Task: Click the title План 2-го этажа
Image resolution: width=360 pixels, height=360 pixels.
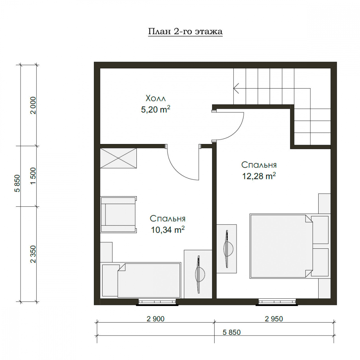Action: coord(185,31)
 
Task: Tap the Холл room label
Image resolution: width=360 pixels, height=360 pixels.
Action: coord(156,98)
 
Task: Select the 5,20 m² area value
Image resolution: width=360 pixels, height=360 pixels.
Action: coord(156,109)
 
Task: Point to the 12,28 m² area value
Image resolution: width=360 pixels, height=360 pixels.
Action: coord(259,176)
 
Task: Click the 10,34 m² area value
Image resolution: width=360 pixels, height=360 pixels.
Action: coord(168,229)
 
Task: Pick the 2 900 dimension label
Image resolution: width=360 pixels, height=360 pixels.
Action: coord(156,319)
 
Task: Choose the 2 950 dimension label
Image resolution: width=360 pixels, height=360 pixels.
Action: coord(274,319)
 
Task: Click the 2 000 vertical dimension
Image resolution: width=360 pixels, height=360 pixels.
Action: coord(33,105)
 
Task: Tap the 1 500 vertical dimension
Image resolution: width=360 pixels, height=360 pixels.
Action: coord(33,176)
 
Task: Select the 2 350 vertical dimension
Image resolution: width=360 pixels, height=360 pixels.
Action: coord(33,254)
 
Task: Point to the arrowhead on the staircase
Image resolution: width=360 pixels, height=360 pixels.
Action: coord(236,88)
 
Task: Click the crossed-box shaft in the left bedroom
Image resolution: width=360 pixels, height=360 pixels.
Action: coord(118,158)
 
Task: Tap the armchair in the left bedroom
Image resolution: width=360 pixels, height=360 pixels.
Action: coord(118,215)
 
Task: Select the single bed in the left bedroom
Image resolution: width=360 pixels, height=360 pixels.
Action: coord(141,280)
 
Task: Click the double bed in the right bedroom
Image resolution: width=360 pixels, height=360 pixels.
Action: coord(289,246)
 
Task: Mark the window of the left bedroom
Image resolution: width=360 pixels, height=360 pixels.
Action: coord(157,302)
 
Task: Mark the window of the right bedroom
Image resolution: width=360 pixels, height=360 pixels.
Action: coord(277,302)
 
